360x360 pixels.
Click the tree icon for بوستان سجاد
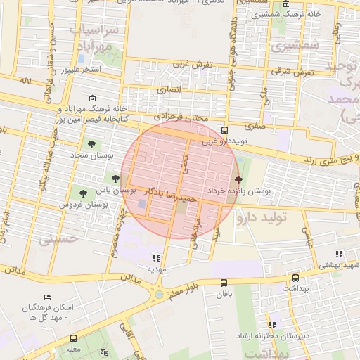(x=91, y=143)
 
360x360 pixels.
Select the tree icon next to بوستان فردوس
(x=84, y=193)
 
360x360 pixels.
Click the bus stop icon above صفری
(x=224, y=130)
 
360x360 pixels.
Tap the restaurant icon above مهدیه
(x=155, y=258)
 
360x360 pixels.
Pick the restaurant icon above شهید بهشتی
(x=339, y=254)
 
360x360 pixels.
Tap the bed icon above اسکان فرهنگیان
(x=47, y=297)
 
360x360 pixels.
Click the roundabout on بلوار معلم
(x=159, y=294)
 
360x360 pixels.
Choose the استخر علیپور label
(x=80, y=70)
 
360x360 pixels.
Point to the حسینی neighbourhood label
(x=55, y=239)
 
